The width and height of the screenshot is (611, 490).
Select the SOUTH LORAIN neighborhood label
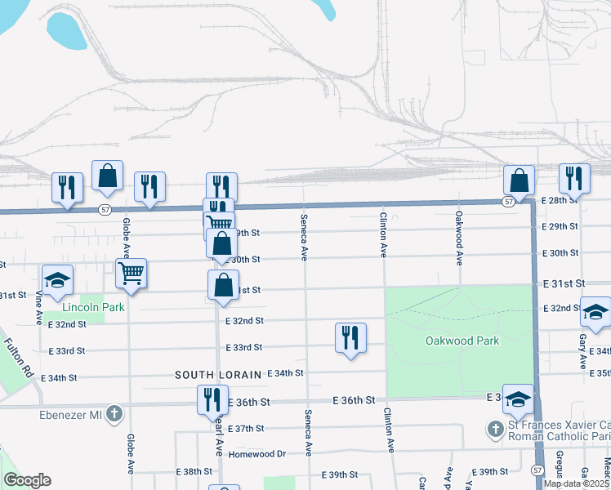217,374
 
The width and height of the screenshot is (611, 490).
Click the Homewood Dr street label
256,454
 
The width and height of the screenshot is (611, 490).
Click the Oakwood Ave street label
459,236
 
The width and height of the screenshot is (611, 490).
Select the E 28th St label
560,200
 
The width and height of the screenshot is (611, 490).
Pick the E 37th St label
246,428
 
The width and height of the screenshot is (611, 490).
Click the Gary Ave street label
582,349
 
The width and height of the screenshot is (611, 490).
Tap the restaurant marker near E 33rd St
350,337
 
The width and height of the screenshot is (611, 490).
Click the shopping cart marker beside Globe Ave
131,273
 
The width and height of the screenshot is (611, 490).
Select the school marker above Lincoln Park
57,279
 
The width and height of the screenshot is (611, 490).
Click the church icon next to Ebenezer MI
114,414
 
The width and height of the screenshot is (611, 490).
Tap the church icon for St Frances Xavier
495,429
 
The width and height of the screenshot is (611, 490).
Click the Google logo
27,480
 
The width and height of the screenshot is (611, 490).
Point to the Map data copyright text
575,483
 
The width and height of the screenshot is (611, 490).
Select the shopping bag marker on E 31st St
223,286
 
